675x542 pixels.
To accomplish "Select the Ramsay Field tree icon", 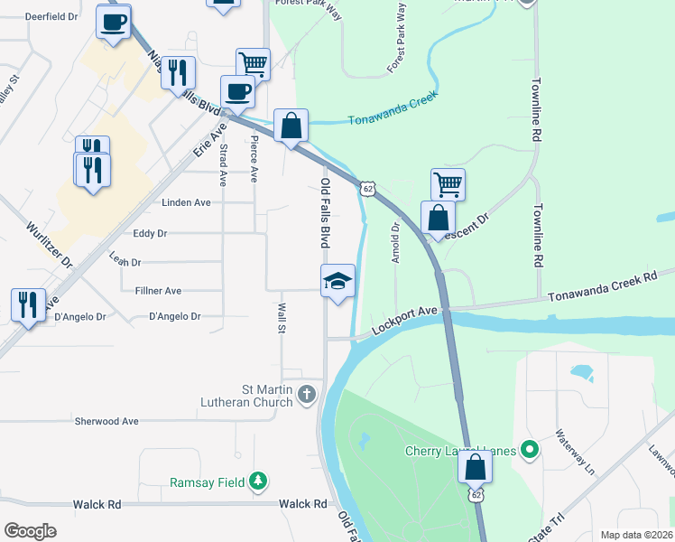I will click(x=259, y=481).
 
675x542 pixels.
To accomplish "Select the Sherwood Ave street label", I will click(x=106, y=421).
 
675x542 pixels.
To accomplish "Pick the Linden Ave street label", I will click(x=186, y=202).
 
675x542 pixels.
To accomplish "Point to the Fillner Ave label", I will click(x=158, y=291).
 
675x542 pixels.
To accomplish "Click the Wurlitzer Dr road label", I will click(x=49, y=245).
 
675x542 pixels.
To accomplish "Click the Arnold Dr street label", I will click(x=395, y=243).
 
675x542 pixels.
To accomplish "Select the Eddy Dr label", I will click(x=150, y=233).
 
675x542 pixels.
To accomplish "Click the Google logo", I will click(x=30, y=530).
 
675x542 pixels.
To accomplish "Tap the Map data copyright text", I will click(x=637, y=535).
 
